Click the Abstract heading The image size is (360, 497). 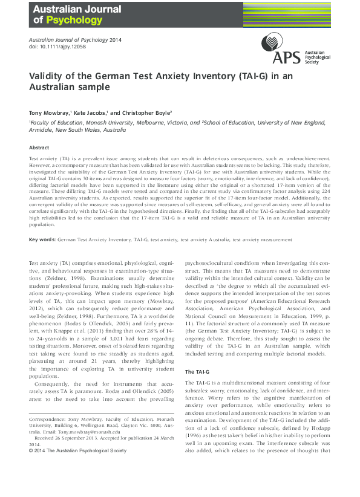pyautogui.click(x=39, y=148)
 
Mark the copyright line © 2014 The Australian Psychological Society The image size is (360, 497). pyautogui.click(x=78, y=450)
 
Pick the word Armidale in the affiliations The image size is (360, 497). pyautogui.click(x=44, y=129)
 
